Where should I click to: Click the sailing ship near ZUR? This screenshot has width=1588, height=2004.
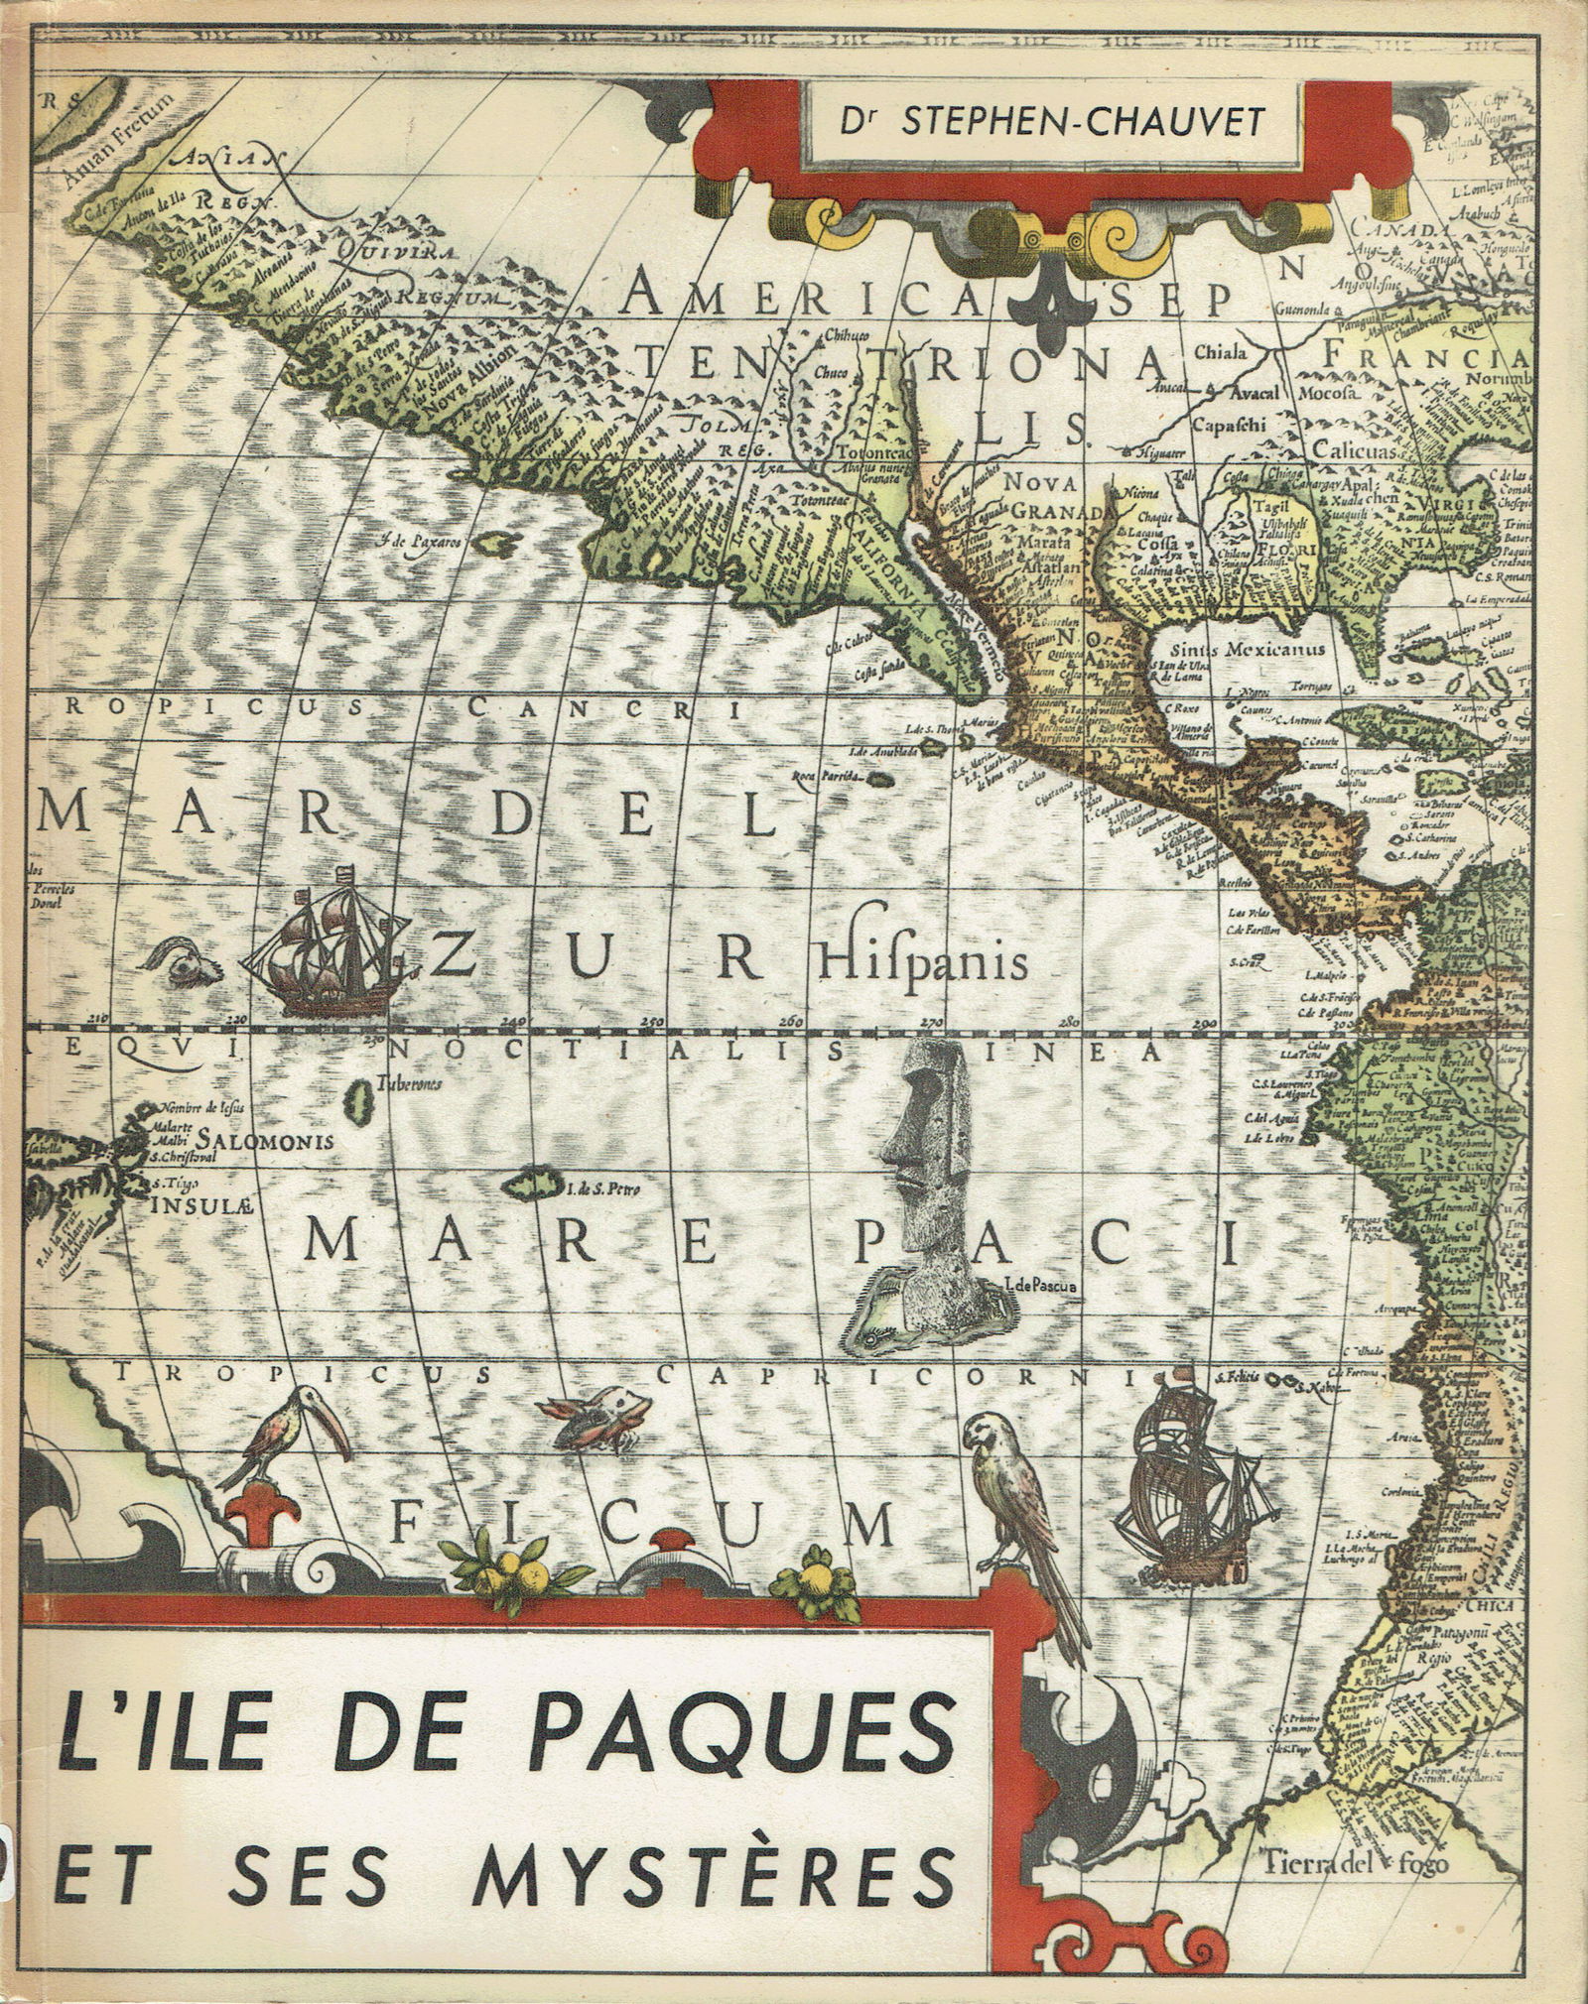coord(327,940)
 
